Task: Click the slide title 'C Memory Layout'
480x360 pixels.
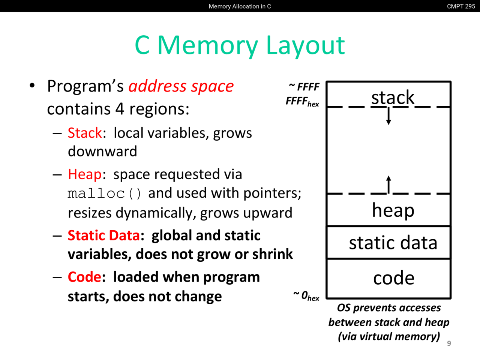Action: point(240,45)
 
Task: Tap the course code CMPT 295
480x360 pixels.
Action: point(461,6)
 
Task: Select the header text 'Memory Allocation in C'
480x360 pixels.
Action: point(240,6)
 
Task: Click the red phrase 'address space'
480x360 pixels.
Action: point(181,86)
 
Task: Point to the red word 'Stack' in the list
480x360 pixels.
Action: point(85,133)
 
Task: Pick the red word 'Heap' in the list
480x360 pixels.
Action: point(85,174)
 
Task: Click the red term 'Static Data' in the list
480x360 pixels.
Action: point(103,235)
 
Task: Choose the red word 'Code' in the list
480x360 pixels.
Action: point(84,277)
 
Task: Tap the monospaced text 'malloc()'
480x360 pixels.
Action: point(105,193)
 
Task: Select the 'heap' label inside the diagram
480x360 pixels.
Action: point(393,210)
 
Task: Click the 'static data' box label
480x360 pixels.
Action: point(393,243)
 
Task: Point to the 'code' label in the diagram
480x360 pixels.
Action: point(394,278)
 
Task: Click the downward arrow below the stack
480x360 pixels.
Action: point(388,116)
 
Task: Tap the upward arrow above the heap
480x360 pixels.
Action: point(388,184)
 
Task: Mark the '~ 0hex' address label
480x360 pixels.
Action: point(306,296)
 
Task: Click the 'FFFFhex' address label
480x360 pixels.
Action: point(302,101)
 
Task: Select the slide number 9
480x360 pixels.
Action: point(449,343)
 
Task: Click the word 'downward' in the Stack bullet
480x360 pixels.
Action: point(102,151)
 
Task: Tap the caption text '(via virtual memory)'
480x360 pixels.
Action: point(389,336)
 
